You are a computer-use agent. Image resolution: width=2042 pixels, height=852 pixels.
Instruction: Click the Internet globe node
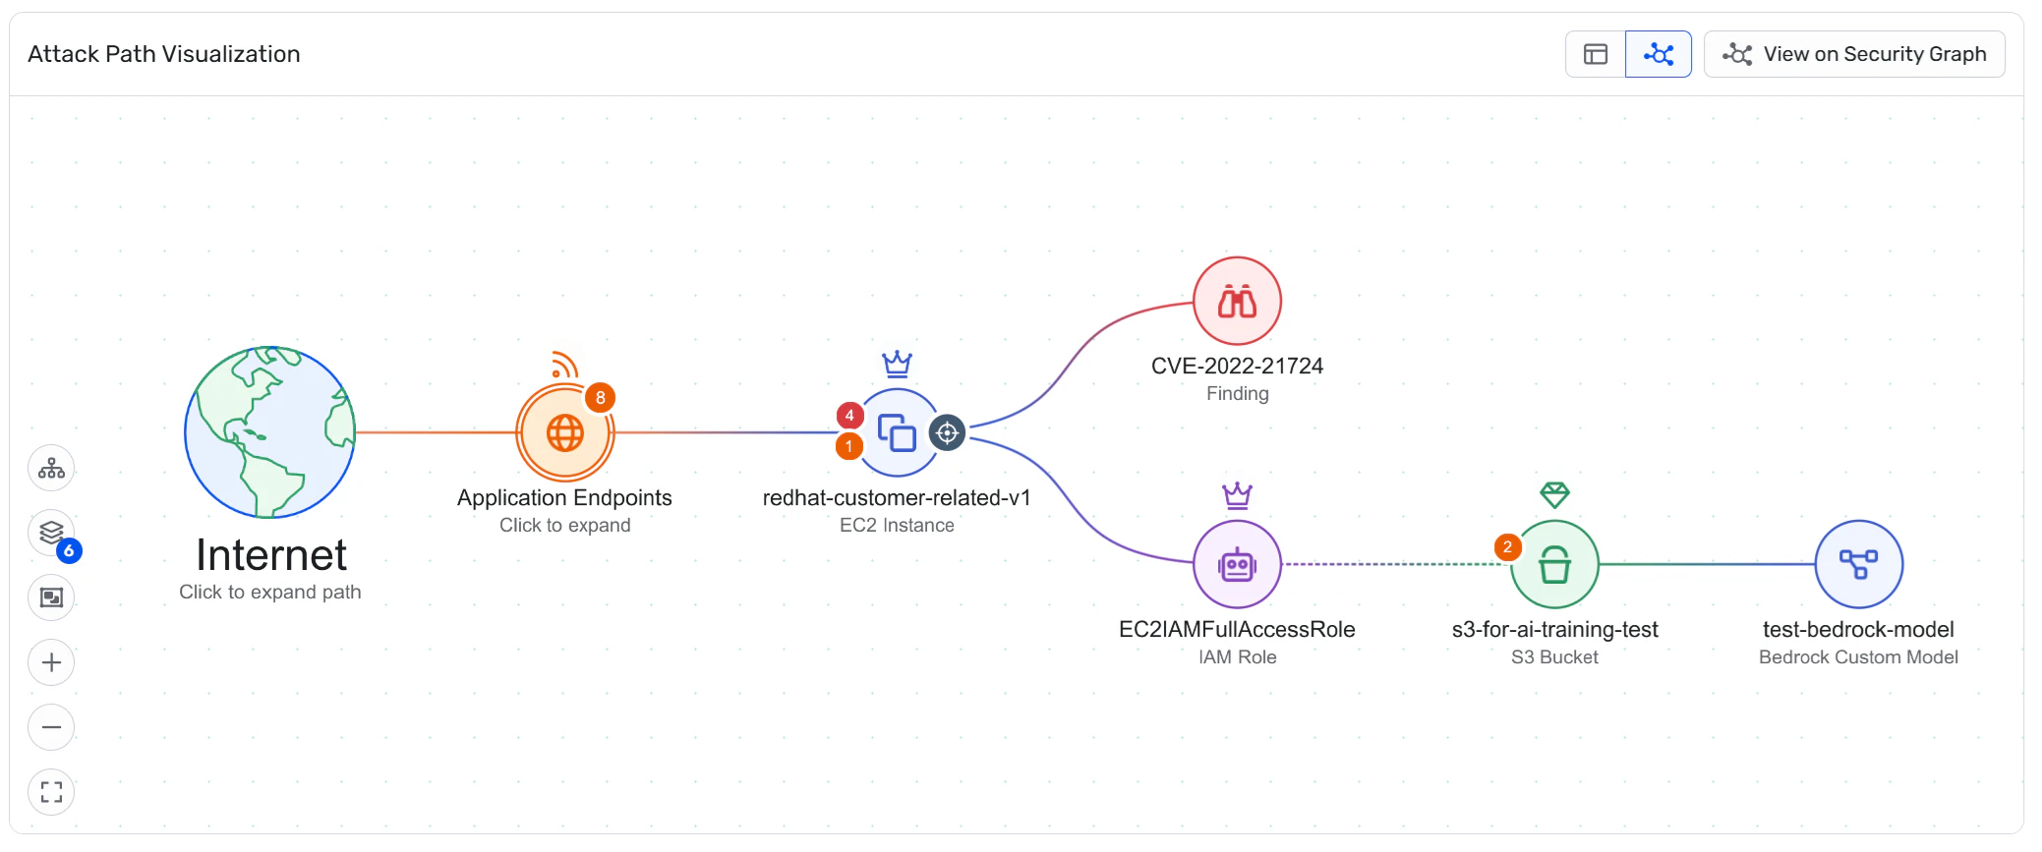270,431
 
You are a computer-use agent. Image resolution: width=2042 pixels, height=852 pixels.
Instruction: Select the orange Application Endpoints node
565,432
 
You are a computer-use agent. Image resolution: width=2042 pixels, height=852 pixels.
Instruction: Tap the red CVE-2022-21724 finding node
1237,301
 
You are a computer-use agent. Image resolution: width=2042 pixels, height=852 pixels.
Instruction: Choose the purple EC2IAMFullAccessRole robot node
1237,565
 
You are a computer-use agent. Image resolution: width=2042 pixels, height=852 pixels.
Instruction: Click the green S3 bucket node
1554,565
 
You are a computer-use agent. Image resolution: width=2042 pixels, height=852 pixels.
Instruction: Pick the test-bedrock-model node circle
1858,565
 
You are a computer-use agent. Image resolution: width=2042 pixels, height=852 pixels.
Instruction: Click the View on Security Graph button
1854,54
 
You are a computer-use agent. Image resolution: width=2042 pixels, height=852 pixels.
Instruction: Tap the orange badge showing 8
600,398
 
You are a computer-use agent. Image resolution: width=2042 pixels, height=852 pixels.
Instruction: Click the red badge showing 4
849,416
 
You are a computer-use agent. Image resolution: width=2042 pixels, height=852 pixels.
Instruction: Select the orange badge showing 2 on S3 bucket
1507,547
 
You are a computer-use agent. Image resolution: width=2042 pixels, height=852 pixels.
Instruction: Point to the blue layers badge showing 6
69,550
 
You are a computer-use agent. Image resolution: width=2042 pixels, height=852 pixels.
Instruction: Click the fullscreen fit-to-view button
51,792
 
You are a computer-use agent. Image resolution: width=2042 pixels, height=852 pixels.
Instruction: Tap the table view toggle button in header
1596,54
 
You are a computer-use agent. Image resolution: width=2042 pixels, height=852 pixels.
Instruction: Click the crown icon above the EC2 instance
897,365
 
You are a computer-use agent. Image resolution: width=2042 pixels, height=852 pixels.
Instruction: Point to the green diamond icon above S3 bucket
1554,494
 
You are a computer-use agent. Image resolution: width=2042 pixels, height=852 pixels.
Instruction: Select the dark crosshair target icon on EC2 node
947,432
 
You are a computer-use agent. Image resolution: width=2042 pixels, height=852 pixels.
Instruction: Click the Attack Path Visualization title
164,54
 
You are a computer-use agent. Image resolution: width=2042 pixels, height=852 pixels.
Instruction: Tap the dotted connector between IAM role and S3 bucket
1396,564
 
